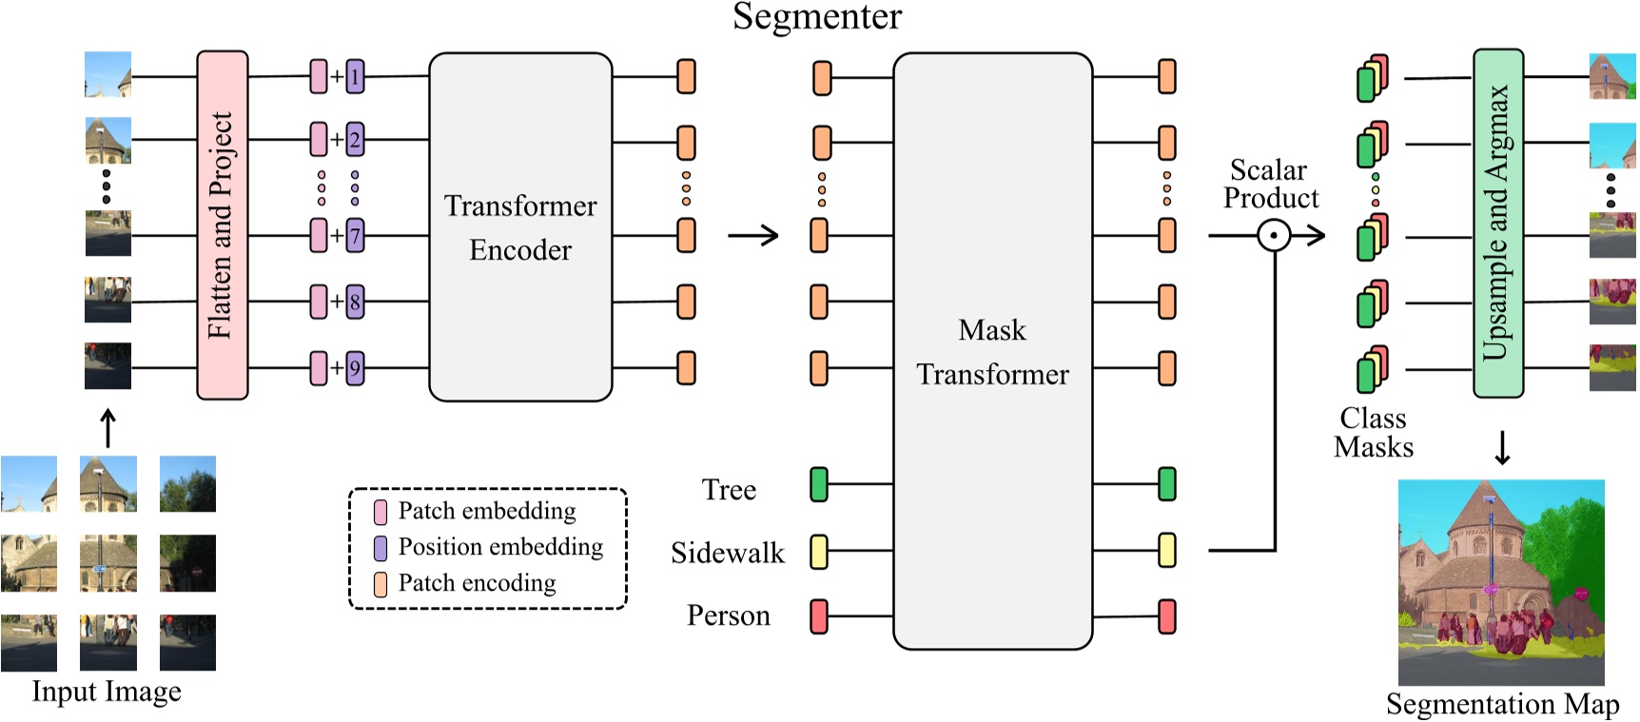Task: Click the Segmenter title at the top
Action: point(816,17)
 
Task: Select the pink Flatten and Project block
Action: point(222,224)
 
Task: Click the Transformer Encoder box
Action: point(519,226)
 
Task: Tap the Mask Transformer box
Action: point(992,351)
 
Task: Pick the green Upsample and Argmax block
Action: point(1497,223)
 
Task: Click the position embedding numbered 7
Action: point(355,235)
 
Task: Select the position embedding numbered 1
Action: point(355,76)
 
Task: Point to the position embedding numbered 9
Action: point(355,368)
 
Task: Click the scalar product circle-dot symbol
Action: point(1274,235)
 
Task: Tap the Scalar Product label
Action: point(1270,184)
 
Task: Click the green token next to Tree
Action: point(818,484)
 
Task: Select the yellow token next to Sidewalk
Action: point(818,552)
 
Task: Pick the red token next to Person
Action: point(818,616)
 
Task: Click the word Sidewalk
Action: point(727,553)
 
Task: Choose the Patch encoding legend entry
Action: point(476,583)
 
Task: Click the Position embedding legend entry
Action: point(499,547)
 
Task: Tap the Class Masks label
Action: point(1373,433)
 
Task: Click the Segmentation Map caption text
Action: point(1502,704)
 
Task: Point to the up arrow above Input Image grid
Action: point(108,428)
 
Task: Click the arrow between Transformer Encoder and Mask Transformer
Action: point(753,235)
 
